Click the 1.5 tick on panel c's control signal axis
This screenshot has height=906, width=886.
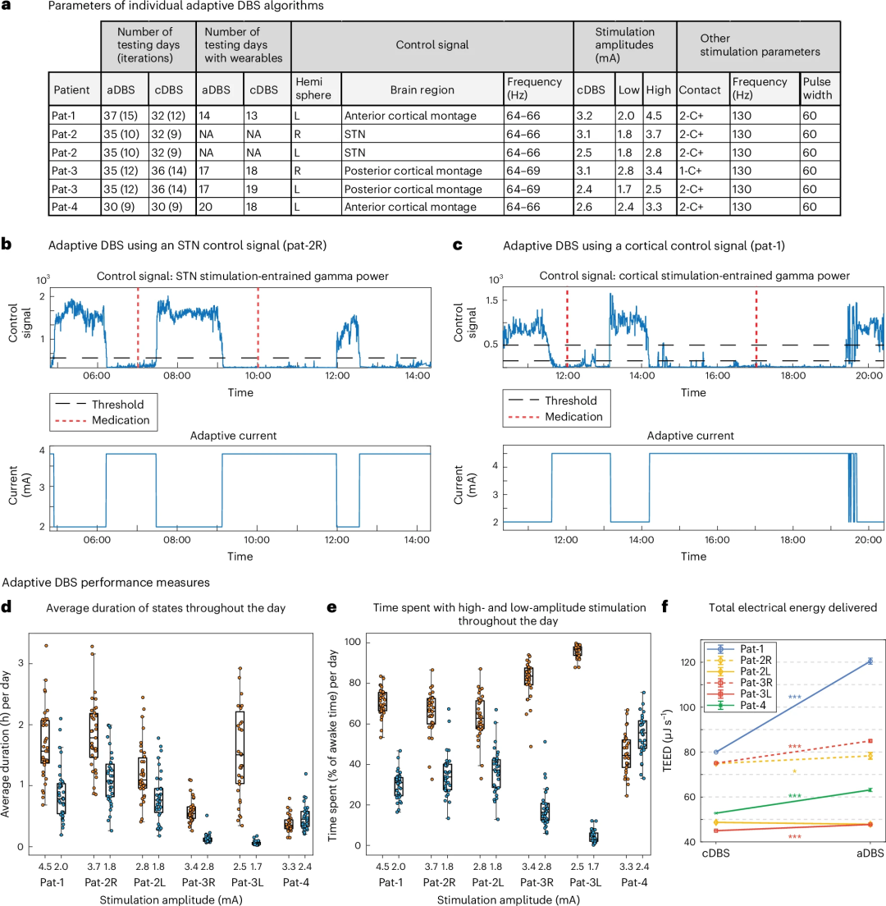491,301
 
